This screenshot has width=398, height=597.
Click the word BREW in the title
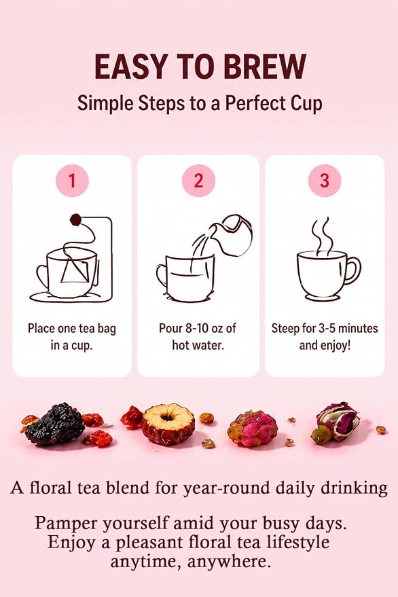265,67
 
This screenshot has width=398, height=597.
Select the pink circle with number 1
72,181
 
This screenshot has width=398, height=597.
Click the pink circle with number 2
198,181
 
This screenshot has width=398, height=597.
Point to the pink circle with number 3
325,181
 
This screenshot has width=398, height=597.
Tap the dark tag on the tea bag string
75,219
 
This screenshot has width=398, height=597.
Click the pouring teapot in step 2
232,235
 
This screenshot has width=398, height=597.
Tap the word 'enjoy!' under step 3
334,346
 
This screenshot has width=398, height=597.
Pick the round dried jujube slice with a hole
168,424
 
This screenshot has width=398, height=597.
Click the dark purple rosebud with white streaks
337,420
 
